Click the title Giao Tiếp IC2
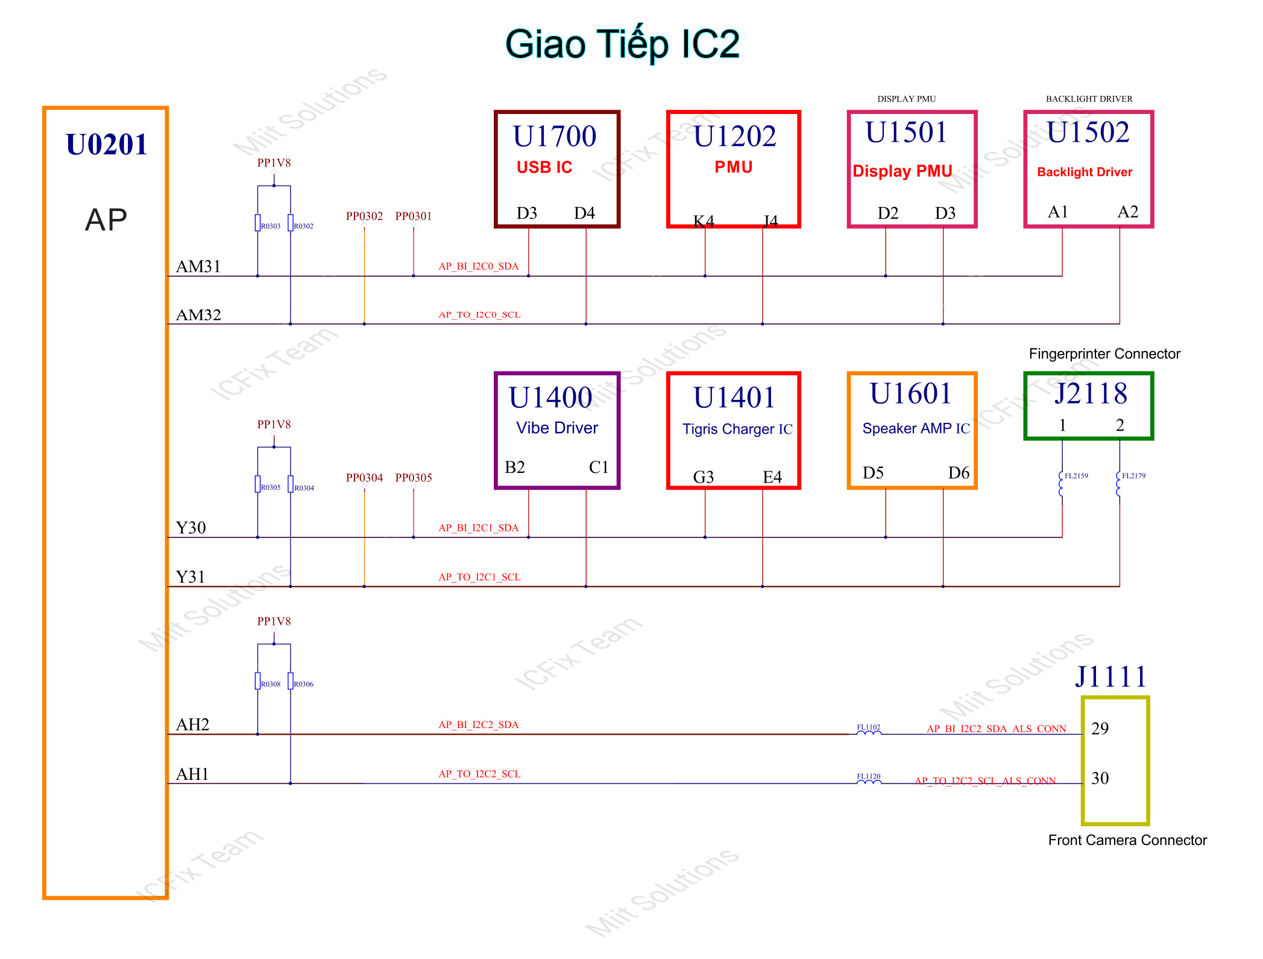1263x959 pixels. coord(622,45)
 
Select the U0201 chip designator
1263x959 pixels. coord(107,145)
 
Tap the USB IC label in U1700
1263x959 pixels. coord(544,167)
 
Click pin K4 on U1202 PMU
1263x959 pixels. coord(703,221)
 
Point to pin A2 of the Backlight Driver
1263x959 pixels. coord(1127,212)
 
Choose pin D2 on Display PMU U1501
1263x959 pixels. coord(887,213)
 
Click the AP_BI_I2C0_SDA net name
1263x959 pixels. coord(478,266)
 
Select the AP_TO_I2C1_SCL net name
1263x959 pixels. coord(479,577)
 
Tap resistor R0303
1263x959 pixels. coord(258,223)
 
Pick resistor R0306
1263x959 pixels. coord(291,681)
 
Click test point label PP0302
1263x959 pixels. coord(364,216)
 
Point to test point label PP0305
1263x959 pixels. coord(414,478)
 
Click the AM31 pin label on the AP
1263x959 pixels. coord(198,267)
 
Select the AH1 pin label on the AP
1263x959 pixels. coord(192,774)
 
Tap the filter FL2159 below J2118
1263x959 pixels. coord(1062,484)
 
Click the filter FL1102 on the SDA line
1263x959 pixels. coord(869,731)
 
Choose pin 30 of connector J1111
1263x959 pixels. coord(1100,778)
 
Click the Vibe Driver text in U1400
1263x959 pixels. coord(557,428)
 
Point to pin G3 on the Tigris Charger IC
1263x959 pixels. coord(703,477)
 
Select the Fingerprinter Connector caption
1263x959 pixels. coord(1104,353)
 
